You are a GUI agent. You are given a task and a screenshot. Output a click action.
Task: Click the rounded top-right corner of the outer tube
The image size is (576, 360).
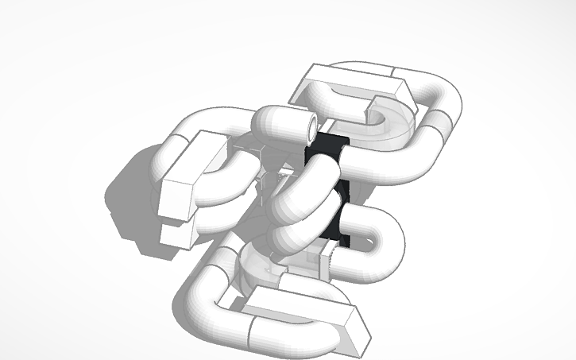[441, 87]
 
